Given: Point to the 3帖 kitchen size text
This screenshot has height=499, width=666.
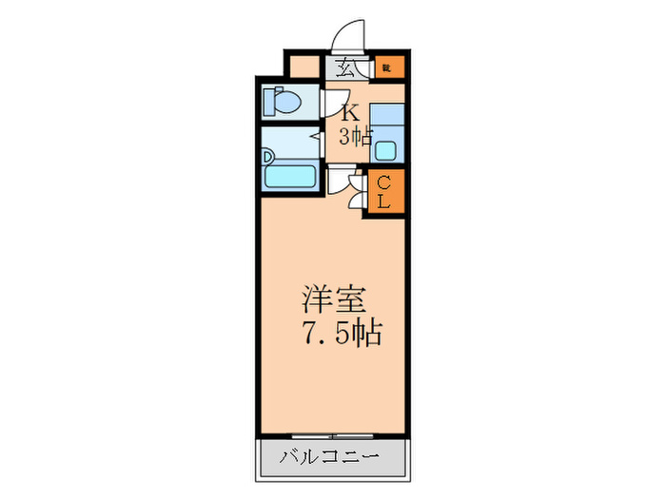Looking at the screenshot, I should click(x=355, y=136).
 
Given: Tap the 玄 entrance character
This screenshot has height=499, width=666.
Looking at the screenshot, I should click(x=345, y=67).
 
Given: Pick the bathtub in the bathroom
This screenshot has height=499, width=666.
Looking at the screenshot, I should click(x=289, y=172).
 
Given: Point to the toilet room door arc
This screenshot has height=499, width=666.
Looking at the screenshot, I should click(x=333, y=103).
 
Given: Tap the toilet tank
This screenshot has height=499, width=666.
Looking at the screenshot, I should click(x=269, y=98).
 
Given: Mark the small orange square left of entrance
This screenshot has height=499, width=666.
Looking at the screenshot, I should click(x=304, y=67).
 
